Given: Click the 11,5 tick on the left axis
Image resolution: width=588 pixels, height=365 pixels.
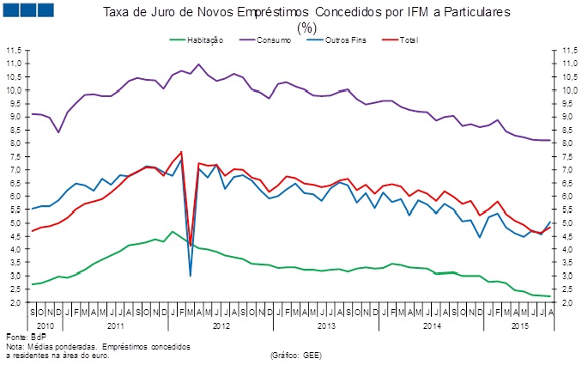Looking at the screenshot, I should [13, 51].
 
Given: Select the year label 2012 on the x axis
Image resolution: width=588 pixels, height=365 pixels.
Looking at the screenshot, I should [221, 325].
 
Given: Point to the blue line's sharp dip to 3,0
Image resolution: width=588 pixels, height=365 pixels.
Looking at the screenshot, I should [190, 276].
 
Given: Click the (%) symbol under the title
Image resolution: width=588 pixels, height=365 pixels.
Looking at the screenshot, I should [307, 27].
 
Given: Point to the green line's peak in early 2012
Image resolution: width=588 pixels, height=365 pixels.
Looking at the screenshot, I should [173, 231].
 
